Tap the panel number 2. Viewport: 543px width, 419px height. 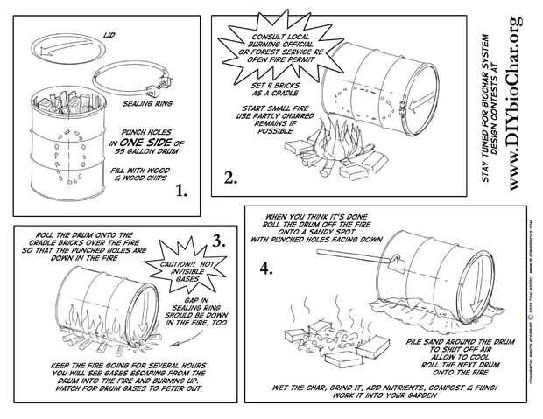pos(229,178)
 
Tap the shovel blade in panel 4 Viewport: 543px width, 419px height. pos(392,260)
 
